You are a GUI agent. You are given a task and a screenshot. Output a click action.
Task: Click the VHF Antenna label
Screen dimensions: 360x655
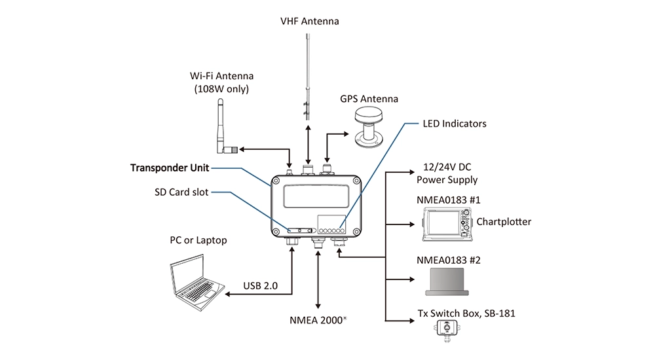309,22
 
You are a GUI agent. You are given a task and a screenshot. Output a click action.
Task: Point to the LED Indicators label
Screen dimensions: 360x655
455,123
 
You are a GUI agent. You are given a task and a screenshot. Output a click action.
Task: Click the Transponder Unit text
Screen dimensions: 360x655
169,168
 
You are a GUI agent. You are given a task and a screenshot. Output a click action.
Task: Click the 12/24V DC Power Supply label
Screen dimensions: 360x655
447,173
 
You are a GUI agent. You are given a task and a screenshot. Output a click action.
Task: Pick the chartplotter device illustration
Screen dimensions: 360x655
445,223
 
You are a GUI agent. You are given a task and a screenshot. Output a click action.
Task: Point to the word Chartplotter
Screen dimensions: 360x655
504,222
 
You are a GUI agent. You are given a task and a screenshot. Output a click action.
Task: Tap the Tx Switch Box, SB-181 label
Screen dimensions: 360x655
466,313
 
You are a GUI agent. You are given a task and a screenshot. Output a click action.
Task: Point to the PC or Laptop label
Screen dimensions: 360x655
198,240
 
